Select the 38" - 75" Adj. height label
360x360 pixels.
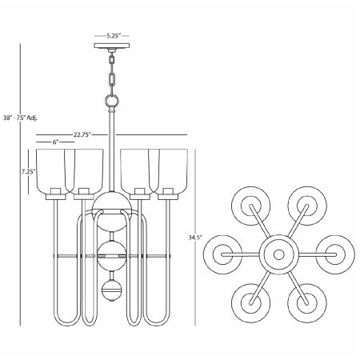(22, 118)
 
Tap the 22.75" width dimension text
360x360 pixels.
(82, 134)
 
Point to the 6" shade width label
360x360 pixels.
(56, 142)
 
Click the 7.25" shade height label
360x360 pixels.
(28, 171)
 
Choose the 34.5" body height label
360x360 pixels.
(195, 238)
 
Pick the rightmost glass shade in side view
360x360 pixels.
(171, 170)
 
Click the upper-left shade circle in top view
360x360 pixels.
(250, 204)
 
